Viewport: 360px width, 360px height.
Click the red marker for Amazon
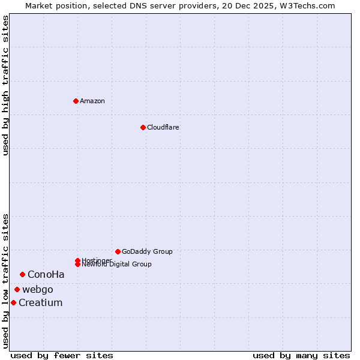click(76, 101)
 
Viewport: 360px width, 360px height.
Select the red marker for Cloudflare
click(143, 127)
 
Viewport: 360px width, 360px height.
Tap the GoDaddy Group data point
click(118, 251)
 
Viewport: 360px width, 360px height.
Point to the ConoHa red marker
click(22, 274)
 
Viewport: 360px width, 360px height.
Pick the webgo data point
click(17, 289)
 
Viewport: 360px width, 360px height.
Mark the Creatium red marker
click(13, 302)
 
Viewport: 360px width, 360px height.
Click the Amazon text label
click(92, 101)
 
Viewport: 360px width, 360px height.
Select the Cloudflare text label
click(163, 127)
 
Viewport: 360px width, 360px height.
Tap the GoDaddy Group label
click(147, 251)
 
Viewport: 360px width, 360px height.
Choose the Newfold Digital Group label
click(117, 265)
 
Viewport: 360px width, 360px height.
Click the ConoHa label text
click(46, 274)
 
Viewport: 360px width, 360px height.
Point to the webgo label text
click(38, 289)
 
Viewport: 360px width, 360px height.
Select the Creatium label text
click(41, 302)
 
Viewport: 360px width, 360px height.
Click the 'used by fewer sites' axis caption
click(62, 355)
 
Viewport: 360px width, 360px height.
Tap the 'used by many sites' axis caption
click(301, 355)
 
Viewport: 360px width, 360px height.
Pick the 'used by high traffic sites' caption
click(5, 85)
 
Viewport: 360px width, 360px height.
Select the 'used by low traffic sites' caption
click(5, 281)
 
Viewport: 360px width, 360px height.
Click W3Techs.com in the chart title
click(307, 5)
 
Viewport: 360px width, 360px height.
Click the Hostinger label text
click(97, 260)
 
